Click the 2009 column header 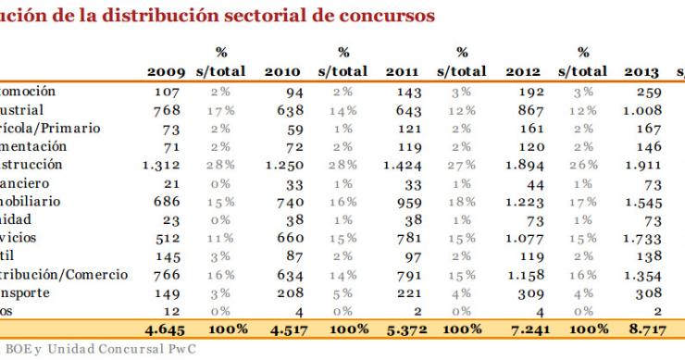(166, 72)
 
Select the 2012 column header (523, 72)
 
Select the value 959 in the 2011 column (407, 201)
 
